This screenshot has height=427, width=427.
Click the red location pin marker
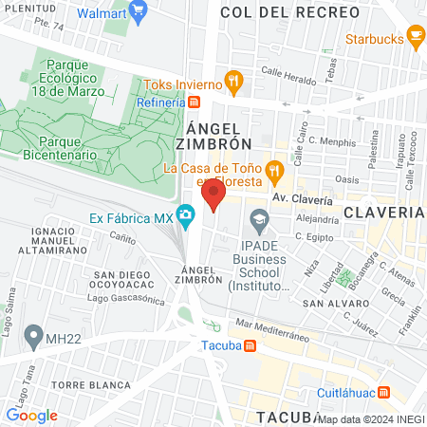click(213, 197)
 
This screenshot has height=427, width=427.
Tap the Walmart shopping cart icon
click(139, 14)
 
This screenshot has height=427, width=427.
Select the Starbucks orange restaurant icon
click(415, 36)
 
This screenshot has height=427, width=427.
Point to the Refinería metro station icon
click(194, 102)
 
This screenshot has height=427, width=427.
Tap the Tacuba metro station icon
click(249, 345)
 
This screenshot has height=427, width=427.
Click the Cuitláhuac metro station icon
click(383, 391)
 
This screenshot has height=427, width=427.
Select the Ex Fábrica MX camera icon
click(186, 216)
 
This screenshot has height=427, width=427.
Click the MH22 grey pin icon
click(34, 335)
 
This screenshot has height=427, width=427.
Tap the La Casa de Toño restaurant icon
click(273, 170)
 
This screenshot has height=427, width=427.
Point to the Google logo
click(31, 415)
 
